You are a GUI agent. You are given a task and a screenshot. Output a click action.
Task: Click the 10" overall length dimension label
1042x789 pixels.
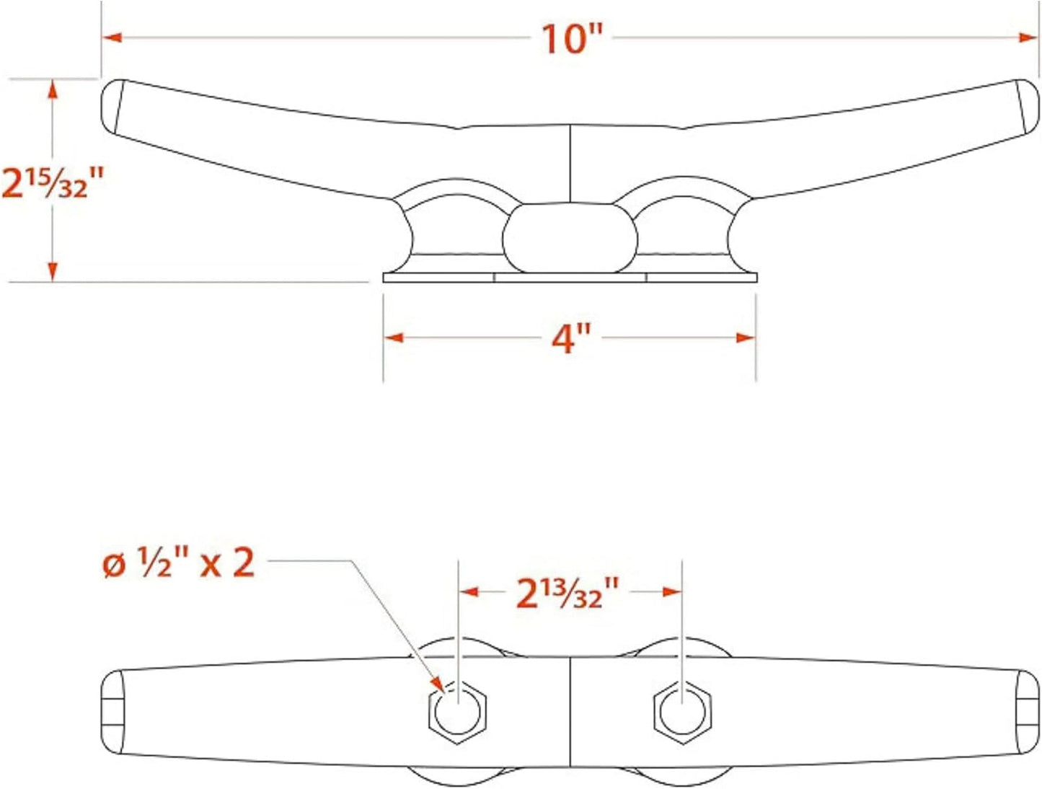click(x=571, y=38)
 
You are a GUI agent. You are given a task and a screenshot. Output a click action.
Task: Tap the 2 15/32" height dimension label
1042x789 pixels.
click(x=53, y=182)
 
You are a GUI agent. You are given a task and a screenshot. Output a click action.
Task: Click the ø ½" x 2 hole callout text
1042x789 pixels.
click(x=179, y=563)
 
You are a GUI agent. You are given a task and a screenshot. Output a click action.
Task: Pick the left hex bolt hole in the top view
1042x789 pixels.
click(x=458, y=712)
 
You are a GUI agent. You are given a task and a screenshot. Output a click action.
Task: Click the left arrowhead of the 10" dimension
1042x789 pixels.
click(x=112, y=37)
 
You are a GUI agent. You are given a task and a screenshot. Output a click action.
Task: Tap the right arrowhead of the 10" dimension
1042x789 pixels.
click(x=1029, y=37)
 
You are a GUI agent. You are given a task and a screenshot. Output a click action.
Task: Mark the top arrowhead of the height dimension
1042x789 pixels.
click(x=52, y=89)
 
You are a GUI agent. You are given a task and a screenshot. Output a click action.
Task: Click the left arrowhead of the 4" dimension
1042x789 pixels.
click(x=394, y=338)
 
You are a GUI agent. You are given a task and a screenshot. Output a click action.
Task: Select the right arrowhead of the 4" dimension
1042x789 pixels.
click(x=746, y=338)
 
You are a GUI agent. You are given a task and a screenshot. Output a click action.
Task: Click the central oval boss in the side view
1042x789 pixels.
click(x=570, y=238)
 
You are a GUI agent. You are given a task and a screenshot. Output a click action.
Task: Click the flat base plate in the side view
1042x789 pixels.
click(x=570, y=278)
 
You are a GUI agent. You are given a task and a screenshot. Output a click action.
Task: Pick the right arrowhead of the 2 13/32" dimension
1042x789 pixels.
click(x=672, y=592)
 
